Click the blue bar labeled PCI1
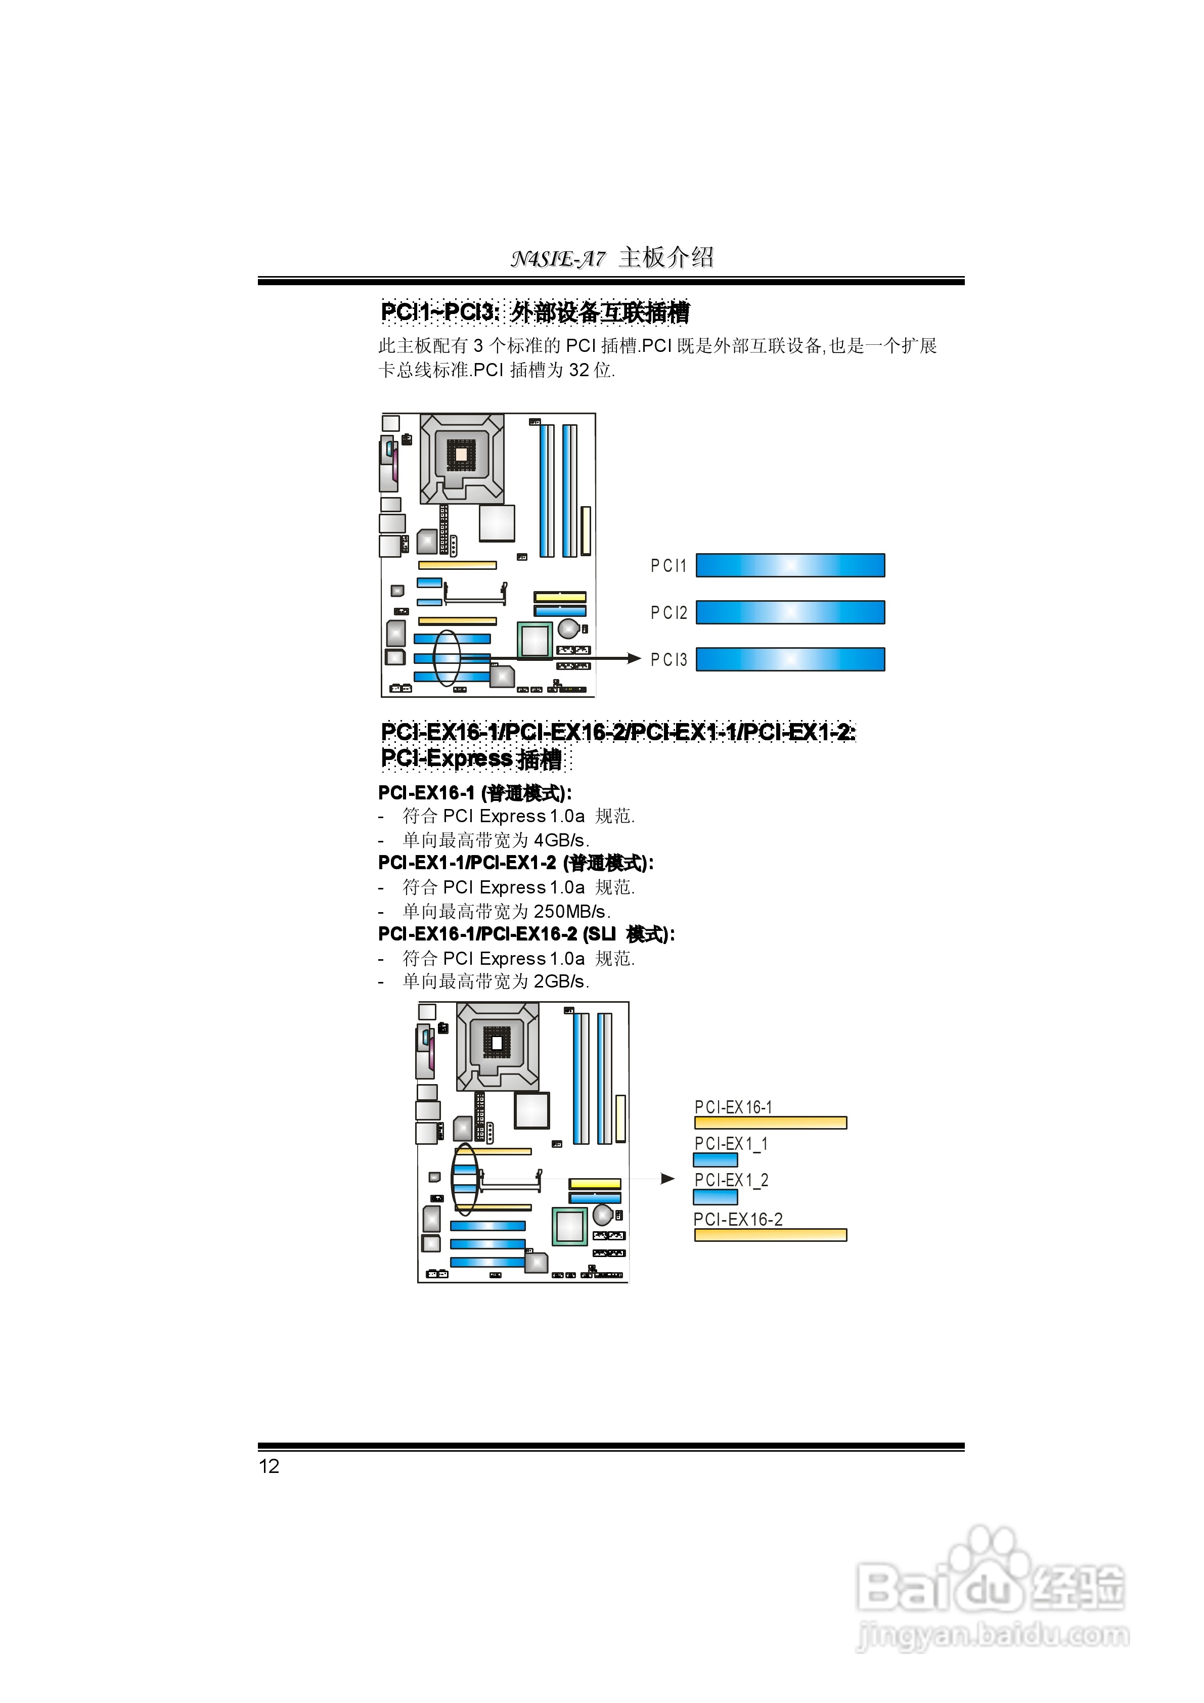[790, 565]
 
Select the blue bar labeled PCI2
[790, 612]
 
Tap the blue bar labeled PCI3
[790, 659]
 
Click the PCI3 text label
[668, 659]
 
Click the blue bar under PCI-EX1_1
[715, 1160]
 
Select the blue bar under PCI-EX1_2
[715, 1196]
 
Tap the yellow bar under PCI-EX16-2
[770, 1235]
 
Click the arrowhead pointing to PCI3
[634, 658]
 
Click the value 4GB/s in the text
[561, 840]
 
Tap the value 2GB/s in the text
[561, 981]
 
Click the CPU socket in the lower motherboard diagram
[497, 1046]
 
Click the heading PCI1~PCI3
[440, 312]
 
